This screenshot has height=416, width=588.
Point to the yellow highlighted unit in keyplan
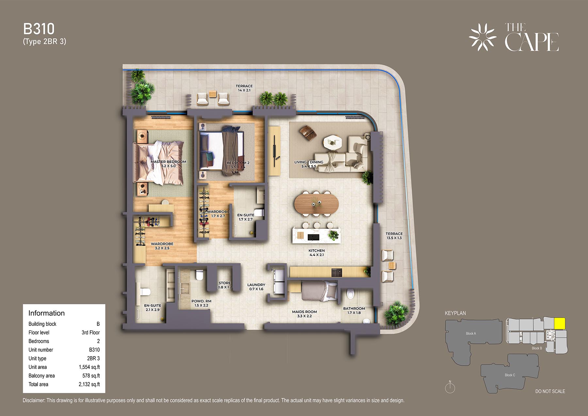pos(560,324)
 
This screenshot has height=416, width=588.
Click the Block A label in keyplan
pos(471,334)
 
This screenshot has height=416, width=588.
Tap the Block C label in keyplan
pos(510,375)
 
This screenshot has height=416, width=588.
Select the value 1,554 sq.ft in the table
pos(89,367)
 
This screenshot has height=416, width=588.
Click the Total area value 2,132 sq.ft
pos(89,385)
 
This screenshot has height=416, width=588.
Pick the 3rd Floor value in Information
pos(90,333)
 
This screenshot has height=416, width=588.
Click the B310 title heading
pos(39,29)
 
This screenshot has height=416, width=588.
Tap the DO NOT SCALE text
pos(550,391)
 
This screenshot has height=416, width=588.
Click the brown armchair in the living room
pos(308,133)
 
